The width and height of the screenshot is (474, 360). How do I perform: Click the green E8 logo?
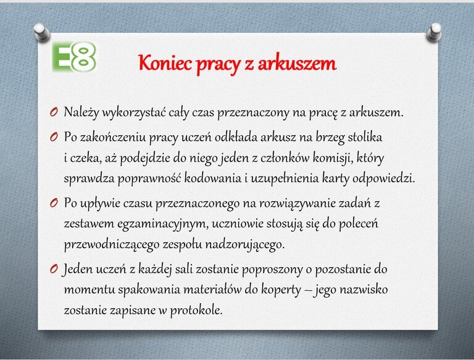[74, 57]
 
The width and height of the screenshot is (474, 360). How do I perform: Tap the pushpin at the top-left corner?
[41, 32]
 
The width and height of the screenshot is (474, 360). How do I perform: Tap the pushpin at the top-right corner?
[434, 32]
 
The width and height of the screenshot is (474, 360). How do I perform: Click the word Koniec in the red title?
[165, 63]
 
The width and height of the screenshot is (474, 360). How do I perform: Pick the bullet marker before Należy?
[54, 112]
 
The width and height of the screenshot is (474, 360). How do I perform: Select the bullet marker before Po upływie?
[54, 203]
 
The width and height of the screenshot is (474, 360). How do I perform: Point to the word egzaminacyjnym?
[163, 224]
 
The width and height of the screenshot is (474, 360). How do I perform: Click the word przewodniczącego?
[112, 245]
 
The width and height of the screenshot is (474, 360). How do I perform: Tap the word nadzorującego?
[245, 245]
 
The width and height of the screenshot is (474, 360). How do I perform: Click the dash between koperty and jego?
[308, 290]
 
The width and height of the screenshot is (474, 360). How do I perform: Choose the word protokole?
[196, 311]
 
